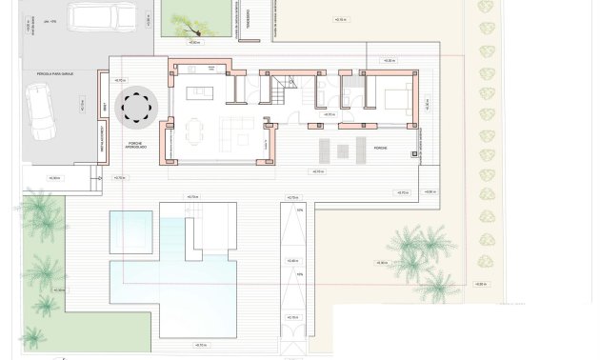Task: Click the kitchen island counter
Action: coord(201,92)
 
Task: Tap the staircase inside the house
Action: coord(283,91)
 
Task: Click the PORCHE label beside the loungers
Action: coord(380,149)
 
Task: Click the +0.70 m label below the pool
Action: coord(201,344)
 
